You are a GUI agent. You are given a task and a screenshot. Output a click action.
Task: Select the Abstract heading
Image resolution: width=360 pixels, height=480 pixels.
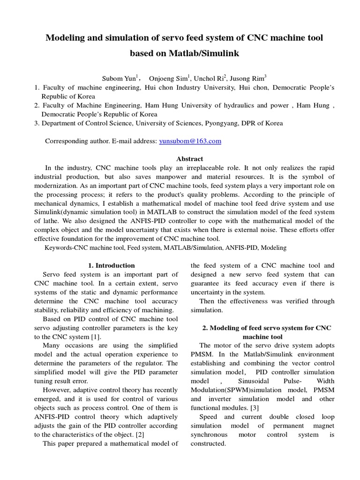(189, 159)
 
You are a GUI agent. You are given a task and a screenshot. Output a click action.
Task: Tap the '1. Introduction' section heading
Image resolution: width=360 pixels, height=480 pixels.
(112, 265)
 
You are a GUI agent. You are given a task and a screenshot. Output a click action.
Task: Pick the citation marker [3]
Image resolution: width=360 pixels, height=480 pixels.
(253, 408)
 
